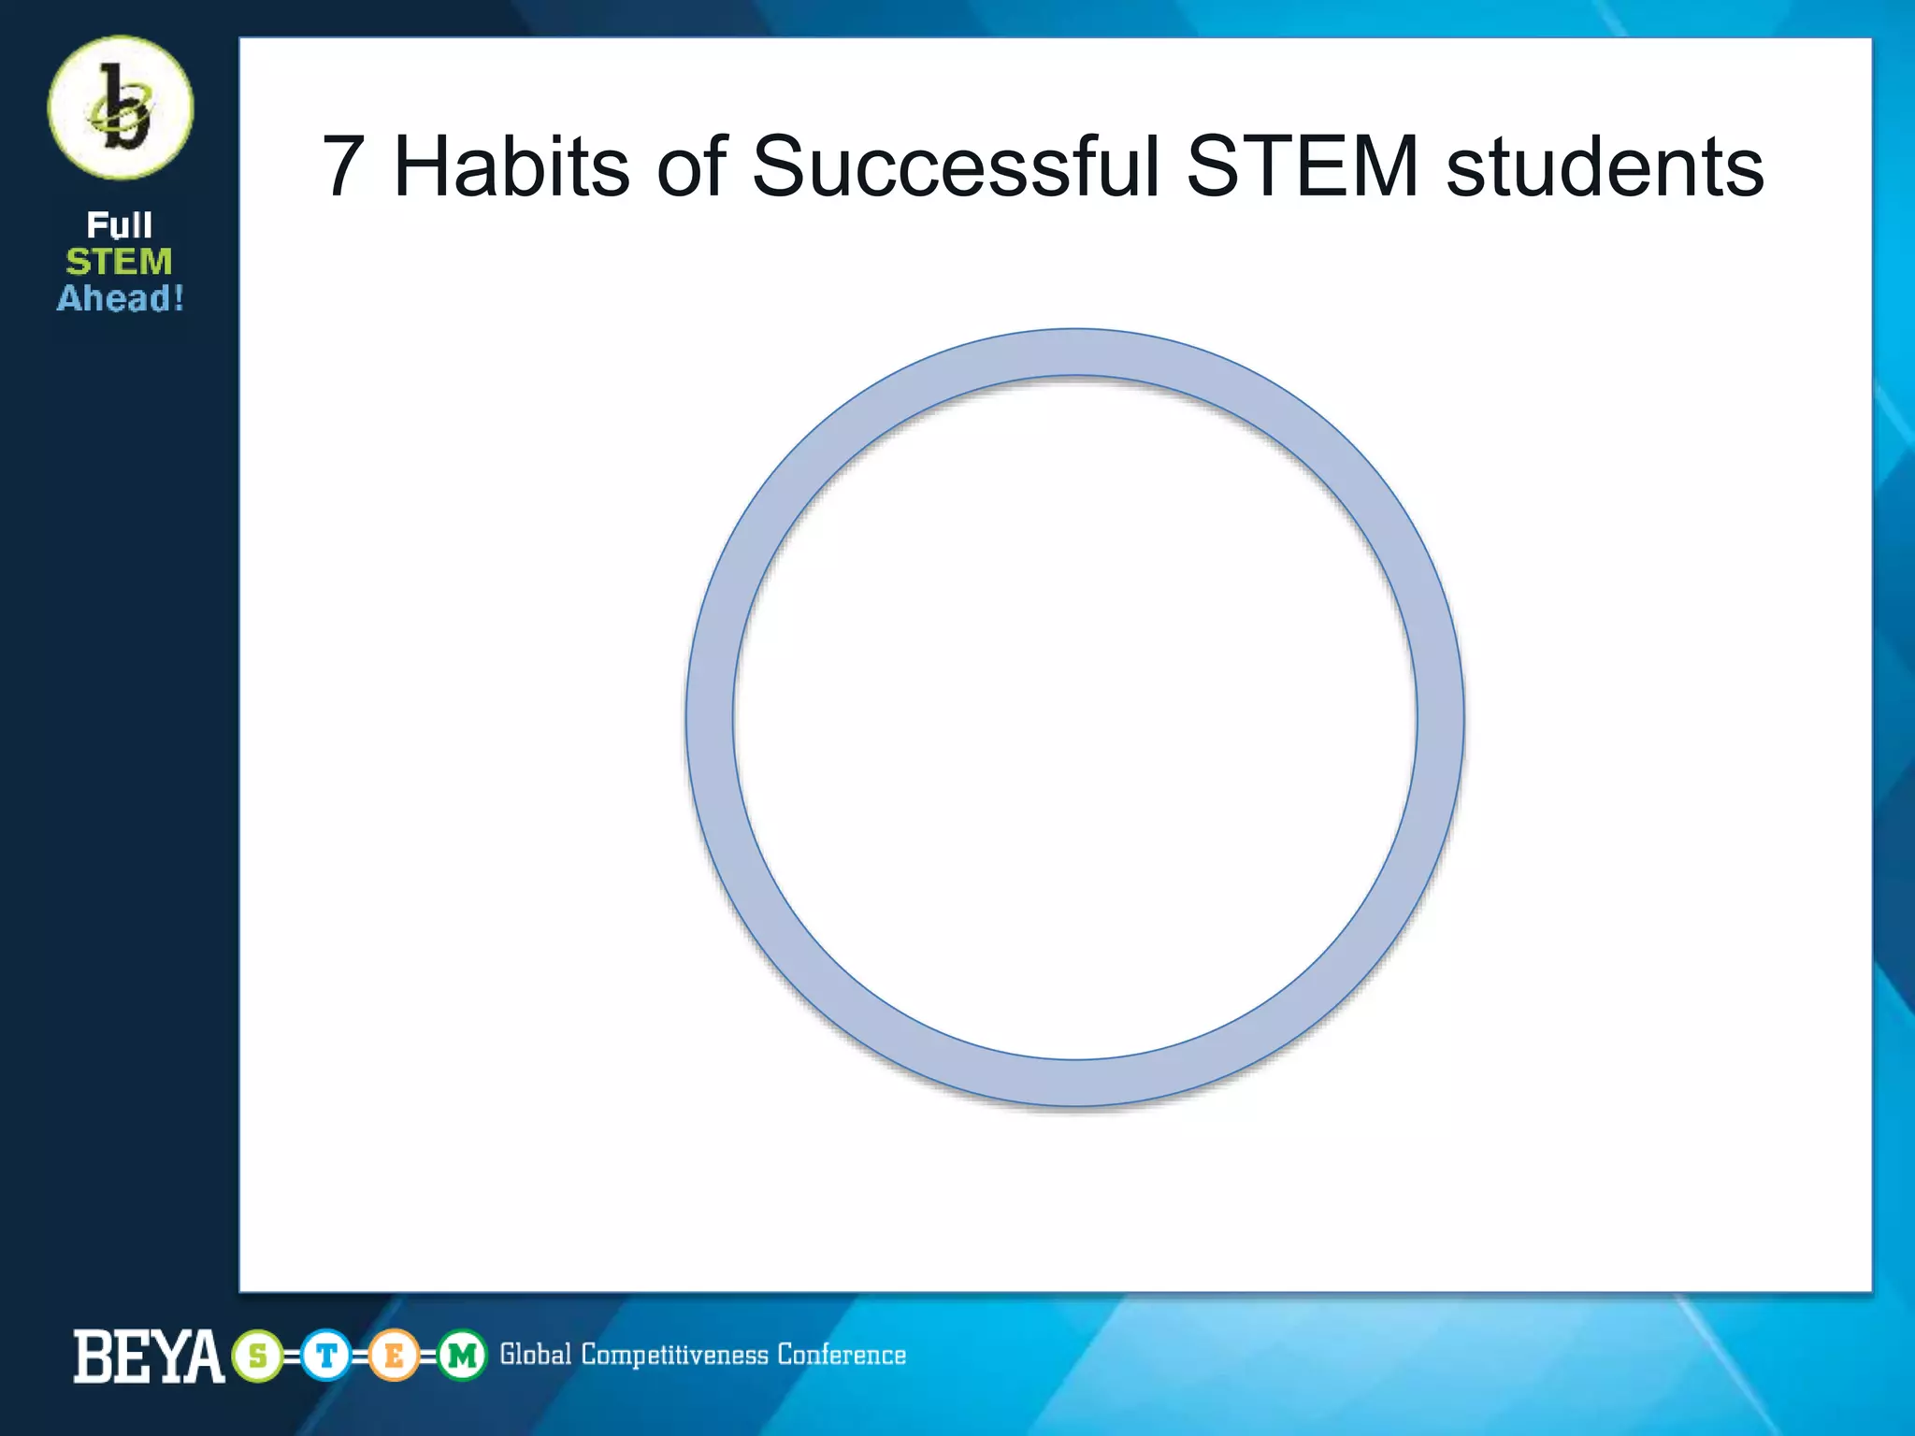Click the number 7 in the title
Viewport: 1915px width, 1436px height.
(343, 166)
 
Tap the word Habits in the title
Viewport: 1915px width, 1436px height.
(511, 166)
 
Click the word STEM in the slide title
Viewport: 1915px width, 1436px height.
(1303, 166)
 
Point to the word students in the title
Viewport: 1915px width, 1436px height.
(1605, 166)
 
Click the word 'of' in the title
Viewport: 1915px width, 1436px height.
(692, 166)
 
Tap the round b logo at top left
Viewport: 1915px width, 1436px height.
(121, 108)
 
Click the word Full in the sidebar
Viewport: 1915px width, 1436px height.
(120, 225)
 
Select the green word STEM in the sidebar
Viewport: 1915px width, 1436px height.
(120, 262)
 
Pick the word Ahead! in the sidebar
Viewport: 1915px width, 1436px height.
(121, 298)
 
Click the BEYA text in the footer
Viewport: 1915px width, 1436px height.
(149, 1356)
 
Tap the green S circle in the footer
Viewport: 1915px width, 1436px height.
(258, 1356)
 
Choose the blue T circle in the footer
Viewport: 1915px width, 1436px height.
(326, 1356)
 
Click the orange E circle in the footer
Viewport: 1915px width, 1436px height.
(394, 1356)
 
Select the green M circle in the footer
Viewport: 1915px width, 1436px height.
(462, 1356)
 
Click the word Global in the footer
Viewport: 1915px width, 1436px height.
(535, 1355)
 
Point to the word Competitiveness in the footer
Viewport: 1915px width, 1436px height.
(674, 1356)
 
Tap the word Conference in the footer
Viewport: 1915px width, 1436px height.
(842, 1355)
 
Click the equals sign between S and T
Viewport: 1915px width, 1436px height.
(292, 1357)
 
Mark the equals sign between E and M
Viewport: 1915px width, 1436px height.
(428, 1357)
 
